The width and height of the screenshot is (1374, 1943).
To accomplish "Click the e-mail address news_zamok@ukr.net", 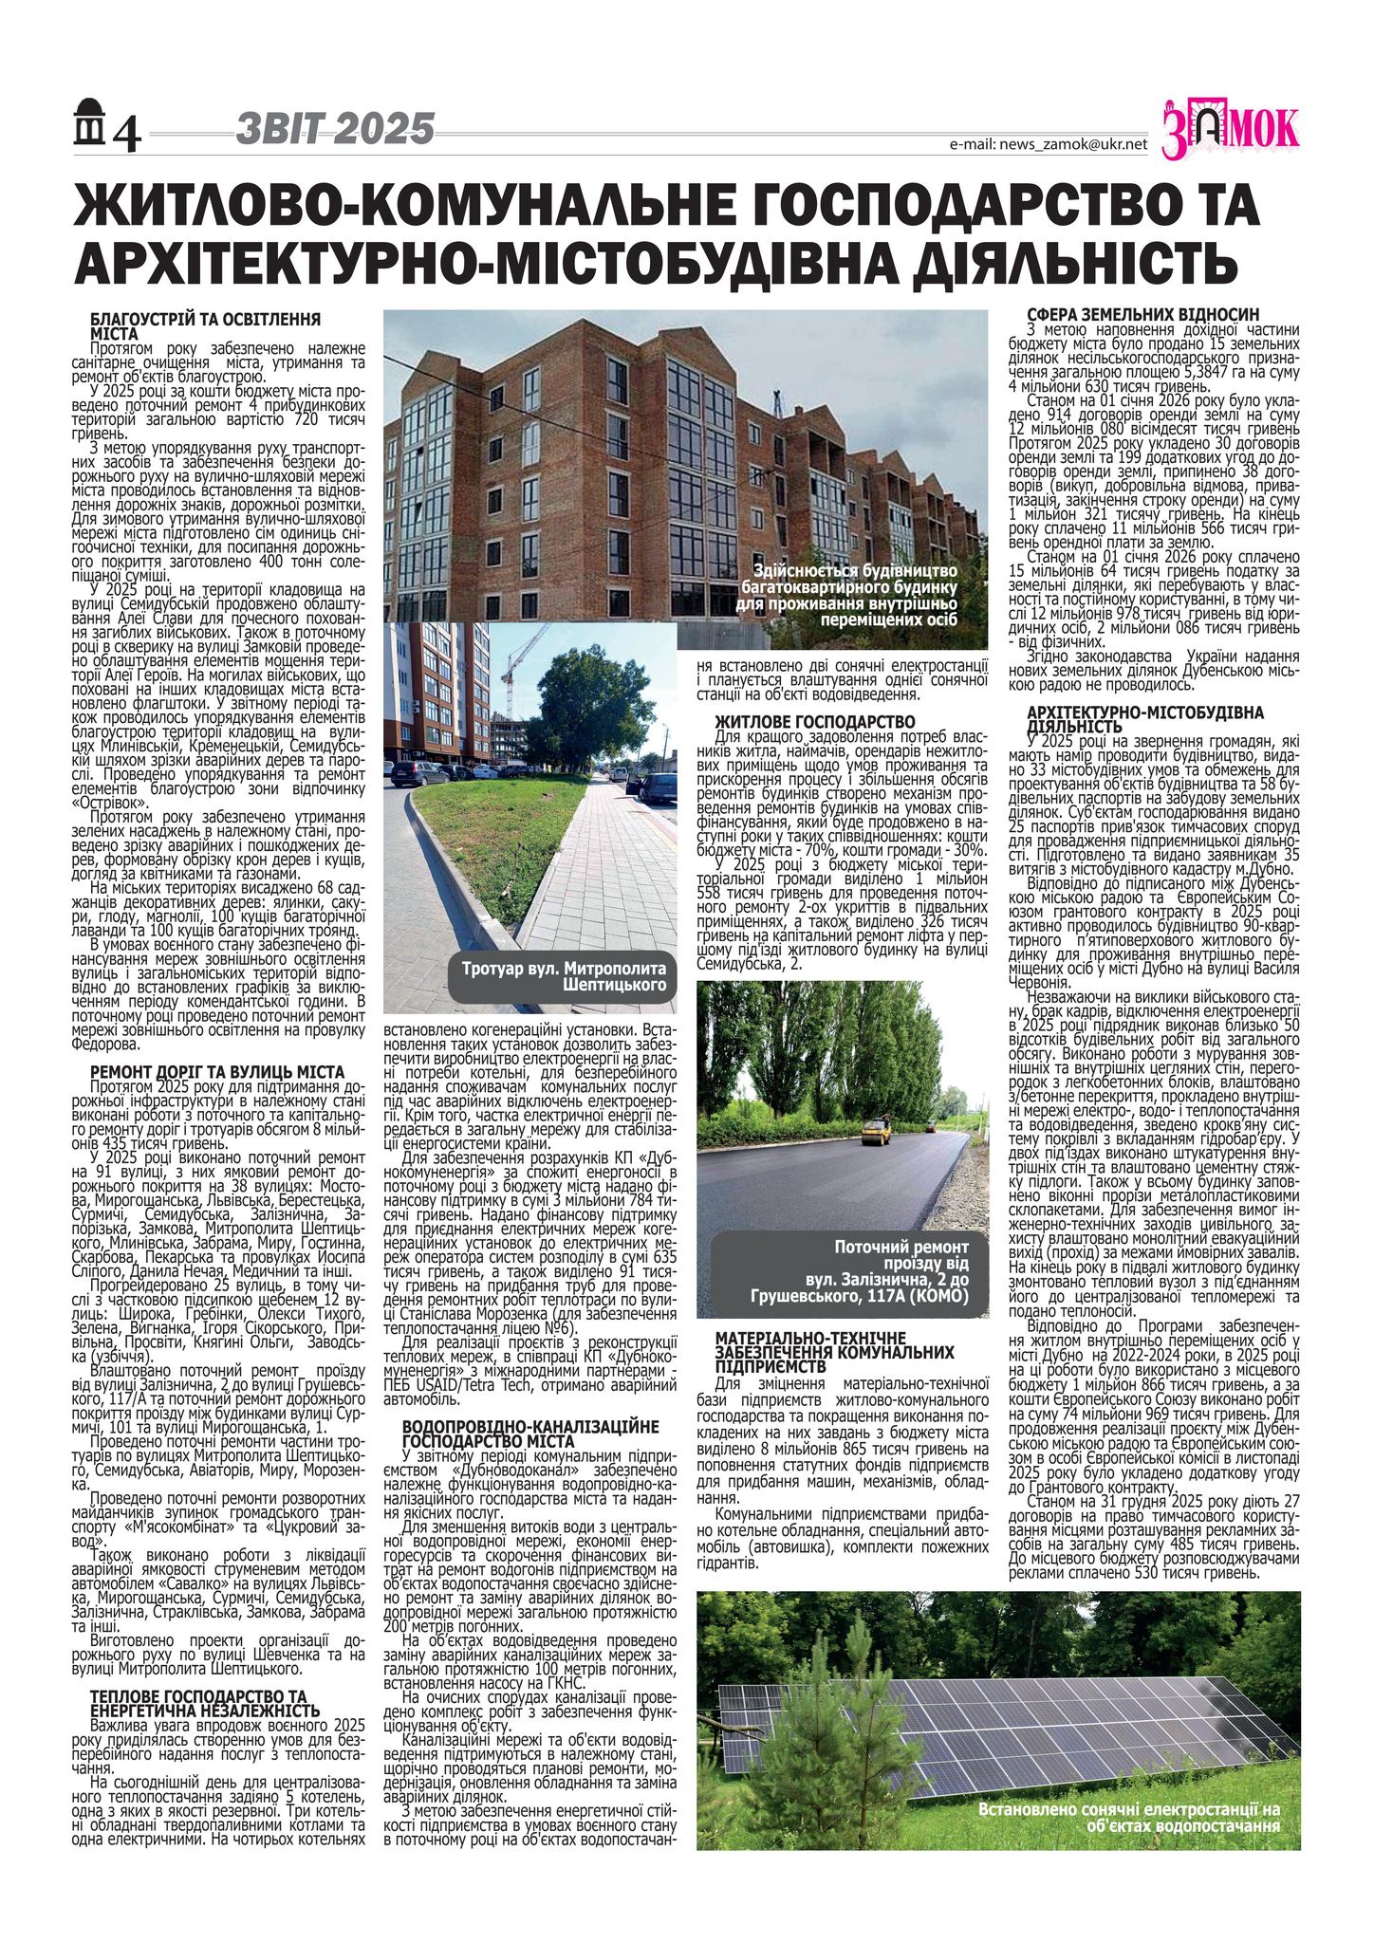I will point(1048,144).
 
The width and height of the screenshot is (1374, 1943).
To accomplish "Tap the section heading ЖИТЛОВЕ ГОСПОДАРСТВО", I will point(814,723).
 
